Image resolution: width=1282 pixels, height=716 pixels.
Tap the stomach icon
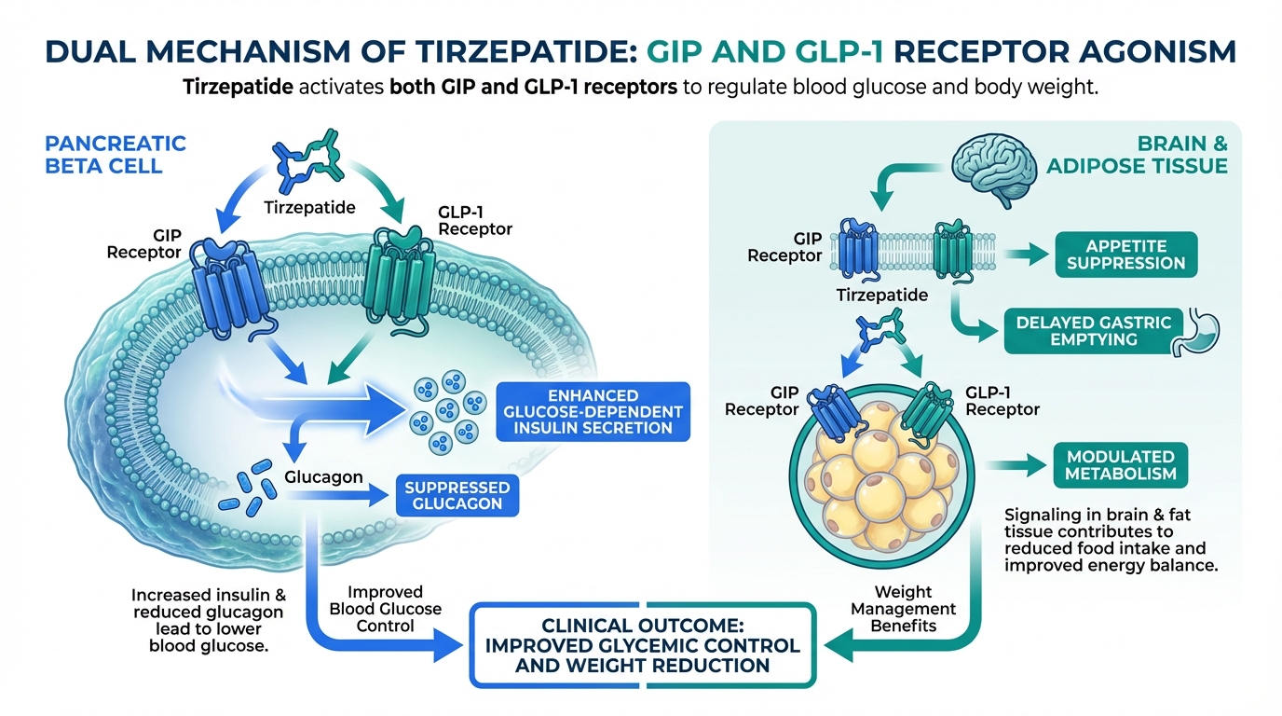1198,333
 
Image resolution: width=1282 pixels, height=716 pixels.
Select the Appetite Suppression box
1125,255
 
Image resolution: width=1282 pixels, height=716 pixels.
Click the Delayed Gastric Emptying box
1087,331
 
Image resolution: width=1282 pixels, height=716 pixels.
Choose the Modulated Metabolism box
1121,465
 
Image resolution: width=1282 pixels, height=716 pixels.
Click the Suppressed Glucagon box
457,496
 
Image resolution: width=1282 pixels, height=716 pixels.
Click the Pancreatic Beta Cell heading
116,155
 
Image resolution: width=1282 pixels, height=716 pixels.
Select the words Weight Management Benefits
904,609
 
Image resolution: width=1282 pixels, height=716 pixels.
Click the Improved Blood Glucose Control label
386,609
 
